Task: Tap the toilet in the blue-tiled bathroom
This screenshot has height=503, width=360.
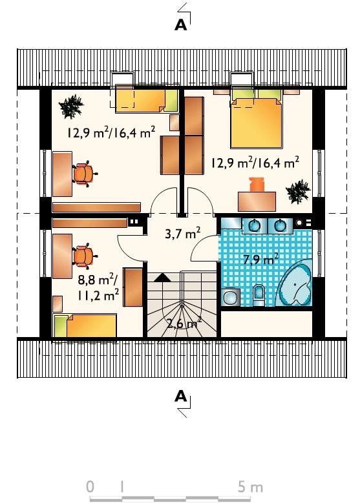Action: (x=259, y=295)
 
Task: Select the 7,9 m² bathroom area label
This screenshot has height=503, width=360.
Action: (x=260, y=259)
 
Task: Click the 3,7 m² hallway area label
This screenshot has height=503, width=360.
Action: (x=183, y=233)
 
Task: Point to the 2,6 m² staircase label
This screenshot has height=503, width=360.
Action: (x=184, y=323)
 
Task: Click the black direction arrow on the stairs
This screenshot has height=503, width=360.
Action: (x=162, y=277)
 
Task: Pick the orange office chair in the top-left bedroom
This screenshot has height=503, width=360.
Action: (x=84, y=174)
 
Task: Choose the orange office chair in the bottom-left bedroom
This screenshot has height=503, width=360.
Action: (x=84, y=256)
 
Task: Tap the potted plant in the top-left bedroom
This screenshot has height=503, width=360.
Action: (x=71, y=106)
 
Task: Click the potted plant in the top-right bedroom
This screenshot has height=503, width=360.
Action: (x=299, y=192)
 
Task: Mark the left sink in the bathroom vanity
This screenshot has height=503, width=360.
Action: (x=255, y=225)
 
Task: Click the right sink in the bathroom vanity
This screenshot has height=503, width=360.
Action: (x=280, y=225)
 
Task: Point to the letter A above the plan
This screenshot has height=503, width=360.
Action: (x=180, y=25)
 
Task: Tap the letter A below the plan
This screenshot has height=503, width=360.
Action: (x=180, y=396)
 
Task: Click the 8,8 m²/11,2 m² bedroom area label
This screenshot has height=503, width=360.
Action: (x=98, y=288)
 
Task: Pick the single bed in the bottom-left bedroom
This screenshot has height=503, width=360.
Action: (x=85, y=325)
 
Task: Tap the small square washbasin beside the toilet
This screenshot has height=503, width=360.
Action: (x=230, y=297)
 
